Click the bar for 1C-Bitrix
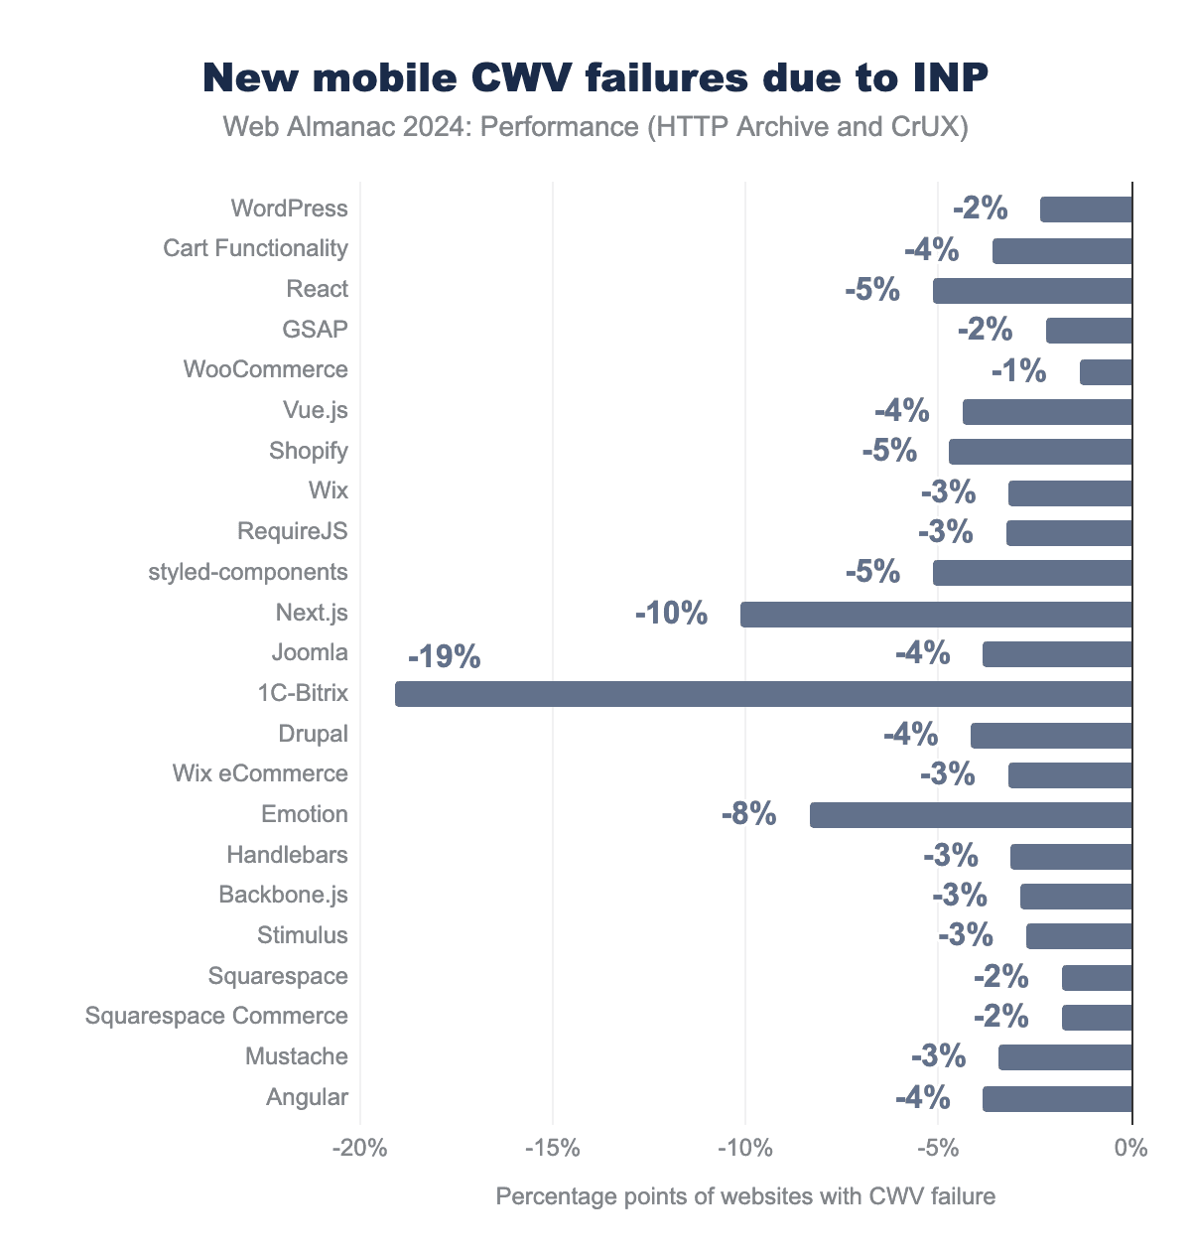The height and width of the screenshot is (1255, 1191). pos(763,694)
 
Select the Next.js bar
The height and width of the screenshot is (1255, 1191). pos(936,614)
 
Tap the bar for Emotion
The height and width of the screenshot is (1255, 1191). pos(971,815)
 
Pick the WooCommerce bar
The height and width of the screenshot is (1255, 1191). pos(1106,371)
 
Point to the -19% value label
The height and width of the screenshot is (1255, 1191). pos(444,657)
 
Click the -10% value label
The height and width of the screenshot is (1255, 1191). pos(672,614)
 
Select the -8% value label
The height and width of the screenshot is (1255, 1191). pos(748,815)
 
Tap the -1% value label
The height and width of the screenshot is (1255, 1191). pos(1018,371)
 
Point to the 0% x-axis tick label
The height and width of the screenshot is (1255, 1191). pos(1131,1149)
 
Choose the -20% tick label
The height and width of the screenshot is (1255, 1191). pos(359,1149)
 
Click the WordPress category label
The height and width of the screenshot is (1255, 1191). pos(289,209)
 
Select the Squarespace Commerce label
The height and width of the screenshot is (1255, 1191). pos(216,1016)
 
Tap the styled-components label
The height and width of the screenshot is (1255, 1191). pos(248,572)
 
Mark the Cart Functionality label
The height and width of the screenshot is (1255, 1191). pos(255,248)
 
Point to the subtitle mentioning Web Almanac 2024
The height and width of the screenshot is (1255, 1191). pos(595,127)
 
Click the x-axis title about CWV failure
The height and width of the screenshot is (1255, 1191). pos(744,1196)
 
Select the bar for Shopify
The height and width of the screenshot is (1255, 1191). pos(1040,452)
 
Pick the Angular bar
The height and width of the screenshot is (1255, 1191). pos(1057,1098)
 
